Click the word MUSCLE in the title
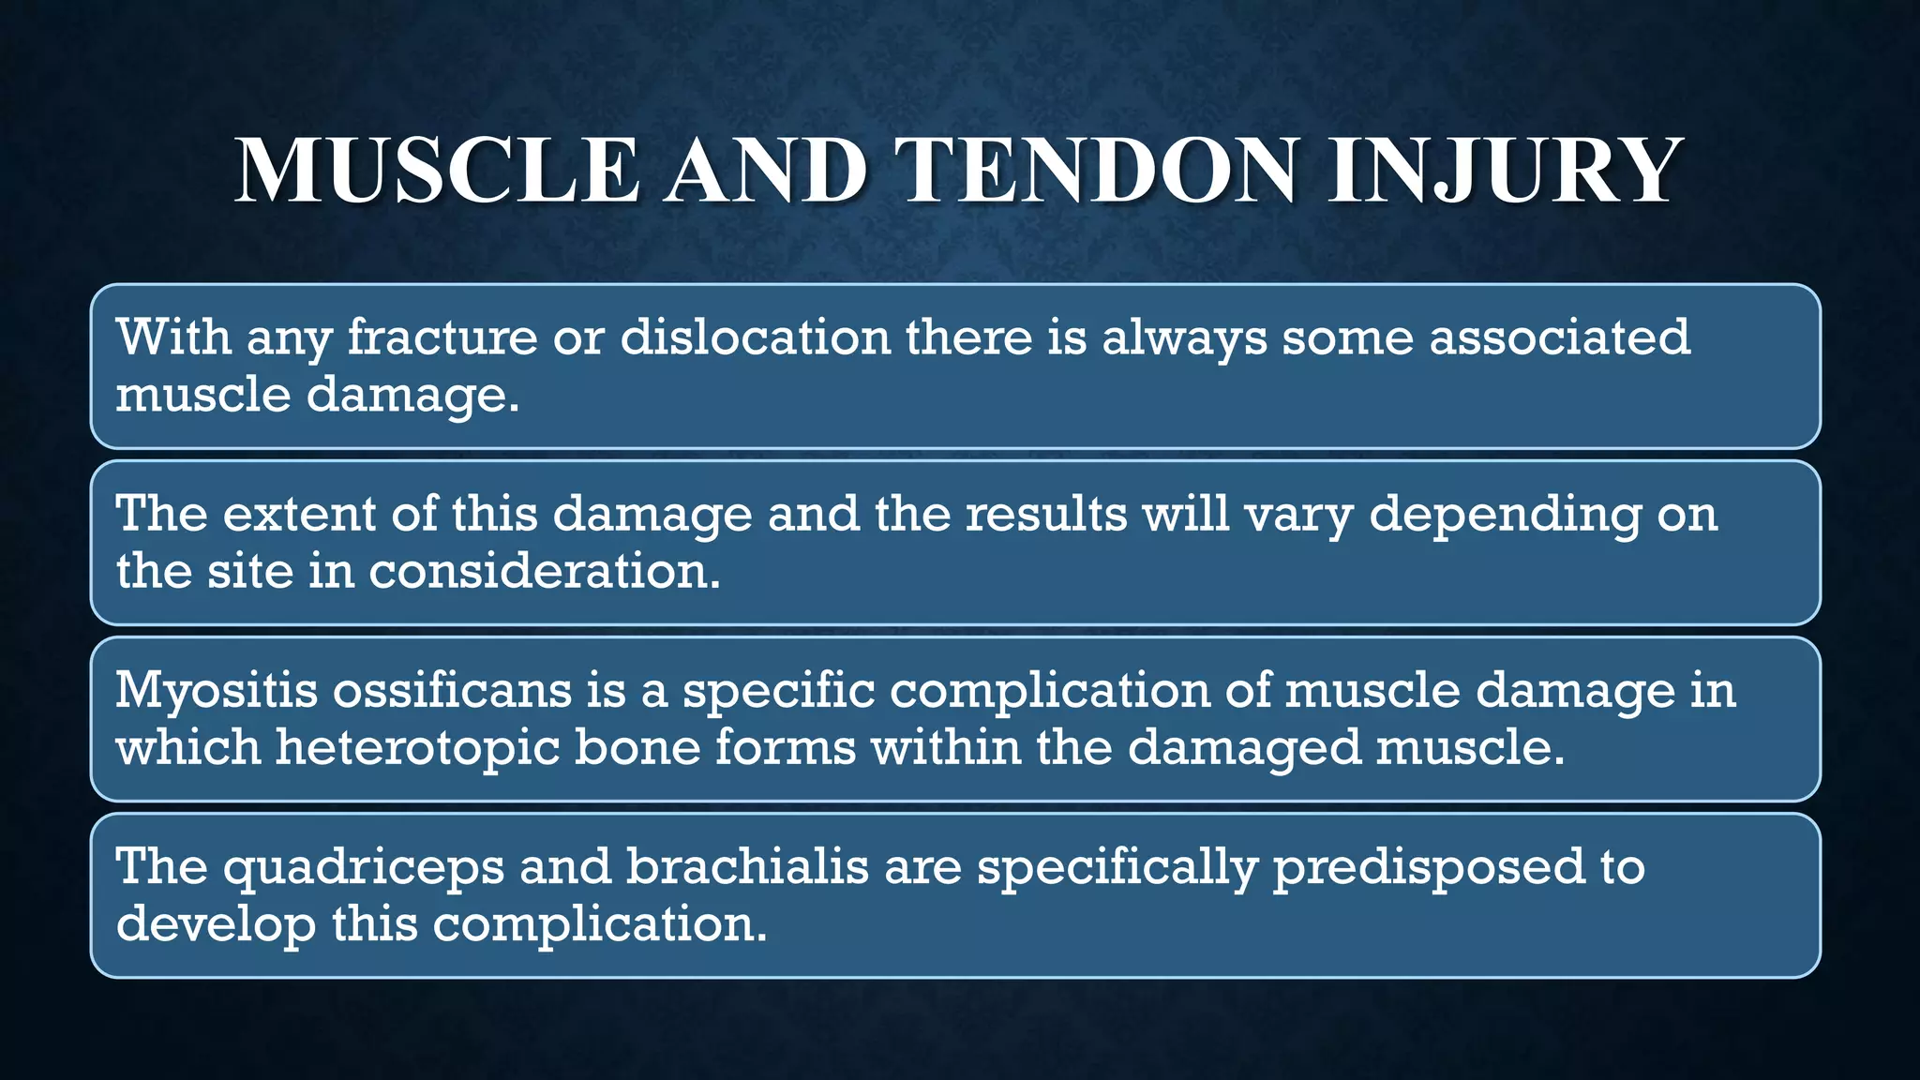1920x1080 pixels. pos(436,172)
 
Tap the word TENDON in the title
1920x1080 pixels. pos(1098,172)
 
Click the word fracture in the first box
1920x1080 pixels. pos(442,337)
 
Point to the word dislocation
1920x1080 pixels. pos(755,337)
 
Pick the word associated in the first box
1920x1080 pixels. pos(1559,337)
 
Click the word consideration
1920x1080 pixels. pos(544,572)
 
